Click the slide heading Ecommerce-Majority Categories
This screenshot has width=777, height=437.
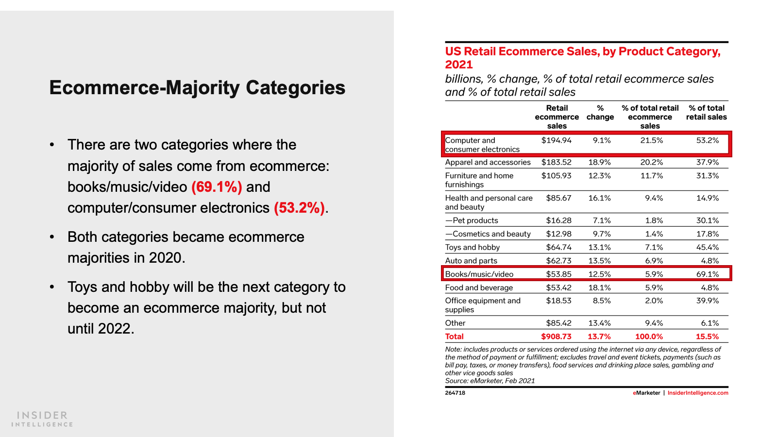coord(197,88)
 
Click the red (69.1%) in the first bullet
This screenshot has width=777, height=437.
coord(217,187)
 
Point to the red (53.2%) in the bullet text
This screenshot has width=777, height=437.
coord(299,208)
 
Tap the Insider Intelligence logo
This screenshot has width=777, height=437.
coord(42,419)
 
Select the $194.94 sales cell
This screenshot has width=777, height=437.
coord(557,140)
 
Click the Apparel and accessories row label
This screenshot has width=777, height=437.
coord(488,162)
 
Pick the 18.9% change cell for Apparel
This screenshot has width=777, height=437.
coord(599,162)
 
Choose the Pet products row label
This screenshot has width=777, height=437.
coord(472,220)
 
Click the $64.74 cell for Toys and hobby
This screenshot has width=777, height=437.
coord(558,247)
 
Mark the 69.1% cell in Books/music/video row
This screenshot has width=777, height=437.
coord(707,274)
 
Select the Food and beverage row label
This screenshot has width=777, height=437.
coord(479,287)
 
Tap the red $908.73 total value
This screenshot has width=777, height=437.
coord(556,336)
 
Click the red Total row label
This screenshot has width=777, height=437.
coord(455,336)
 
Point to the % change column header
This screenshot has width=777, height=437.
coord(600,113)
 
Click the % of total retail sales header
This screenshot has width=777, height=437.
coord(707,113)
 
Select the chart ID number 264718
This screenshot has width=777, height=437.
coord(455,393)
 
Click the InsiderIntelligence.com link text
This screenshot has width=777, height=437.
coord(698,393)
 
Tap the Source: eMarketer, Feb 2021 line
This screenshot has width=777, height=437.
coord(490,381)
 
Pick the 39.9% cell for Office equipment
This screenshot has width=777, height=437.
coord(707,301)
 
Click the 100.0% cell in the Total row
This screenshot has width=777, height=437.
coord(649,336)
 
